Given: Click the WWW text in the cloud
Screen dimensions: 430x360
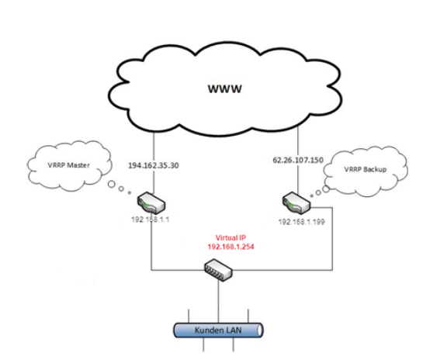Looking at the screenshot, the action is (x=225, y=88).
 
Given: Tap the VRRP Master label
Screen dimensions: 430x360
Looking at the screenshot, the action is (x=68, y=165).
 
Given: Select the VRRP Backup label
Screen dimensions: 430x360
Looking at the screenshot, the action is (x=366, y=169).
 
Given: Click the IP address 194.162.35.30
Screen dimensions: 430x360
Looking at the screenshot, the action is (x=154, y=165).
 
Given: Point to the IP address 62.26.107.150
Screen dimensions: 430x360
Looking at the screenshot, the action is (x=298, y=160).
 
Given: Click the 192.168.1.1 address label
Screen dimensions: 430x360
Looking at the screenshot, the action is (x=151, y=220).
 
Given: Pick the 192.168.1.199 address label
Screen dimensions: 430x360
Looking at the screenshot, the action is (x=302, y=222).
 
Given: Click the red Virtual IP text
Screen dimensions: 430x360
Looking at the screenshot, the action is (x=231, y=237).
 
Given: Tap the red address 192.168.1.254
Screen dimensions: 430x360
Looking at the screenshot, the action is (x=231, y=247).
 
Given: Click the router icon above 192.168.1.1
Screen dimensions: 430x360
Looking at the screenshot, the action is (x=151, y=203).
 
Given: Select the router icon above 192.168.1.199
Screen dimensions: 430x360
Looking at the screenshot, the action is (x=296, y=203).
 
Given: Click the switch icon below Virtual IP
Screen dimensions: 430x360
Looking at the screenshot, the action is (x=218, y=270).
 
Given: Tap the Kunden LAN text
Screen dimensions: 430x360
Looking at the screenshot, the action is (x=218, y=330).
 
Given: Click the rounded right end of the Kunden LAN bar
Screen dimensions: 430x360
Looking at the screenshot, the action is (x=260, y=330).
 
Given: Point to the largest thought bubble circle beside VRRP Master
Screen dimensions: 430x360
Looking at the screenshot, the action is (x=111, y=184).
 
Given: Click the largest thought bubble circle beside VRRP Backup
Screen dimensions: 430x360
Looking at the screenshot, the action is (x=326, y=189).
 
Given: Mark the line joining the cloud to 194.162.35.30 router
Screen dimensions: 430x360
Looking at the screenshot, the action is (x=154, y=164).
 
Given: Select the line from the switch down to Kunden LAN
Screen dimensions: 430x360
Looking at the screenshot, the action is (x=219, y=302).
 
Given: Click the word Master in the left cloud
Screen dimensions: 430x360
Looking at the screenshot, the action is (x=78, y=165).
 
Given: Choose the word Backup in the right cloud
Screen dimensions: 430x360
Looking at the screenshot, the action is (x=376, y=169).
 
